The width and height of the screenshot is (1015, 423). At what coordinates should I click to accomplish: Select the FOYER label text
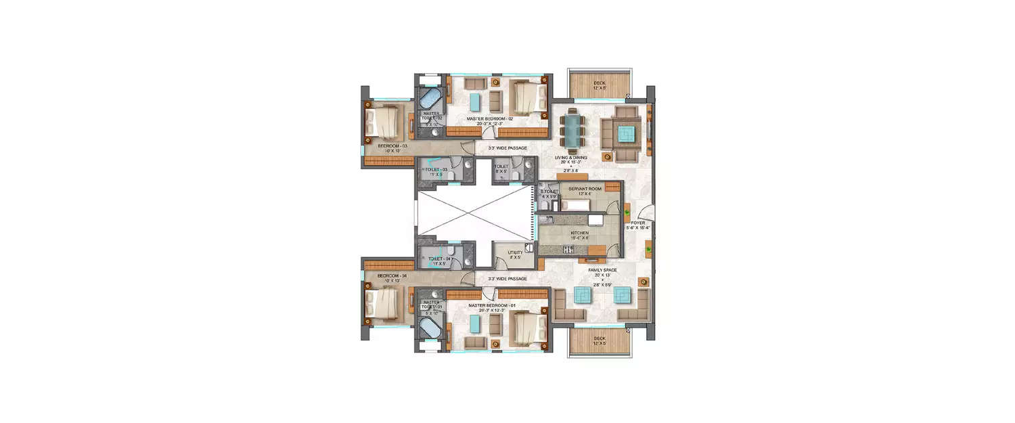pos(638,223)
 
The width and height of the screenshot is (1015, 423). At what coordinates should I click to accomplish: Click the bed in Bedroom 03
pos(382,123)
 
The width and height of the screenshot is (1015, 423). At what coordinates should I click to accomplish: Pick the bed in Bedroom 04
pos(382,305)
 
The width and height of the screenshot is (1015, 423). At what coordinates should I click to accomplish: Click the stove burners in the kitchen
pos(568,249)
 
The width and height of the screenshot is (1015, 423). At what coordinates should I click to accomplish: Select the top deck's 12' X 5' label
pos(600,88)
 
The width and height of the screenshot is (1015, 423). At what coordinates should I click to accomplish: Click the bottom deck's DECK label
pos(600,338)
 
